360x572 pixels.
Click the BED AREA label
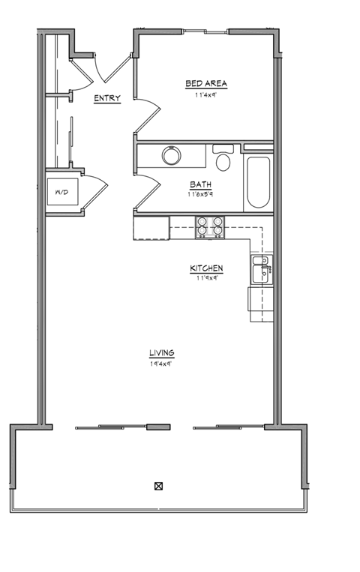pyautogui.click(x=206, y=83)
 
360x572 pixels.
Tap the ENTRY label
pyautogui.click(x=107, y=98)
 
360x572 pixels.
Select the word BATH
pyautogui.click(x=200, y=184)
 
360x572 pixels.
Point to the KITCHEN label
pyautogui.click(x=206, y=268)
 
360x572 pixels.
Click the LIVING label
pyautogui.click(x=161, y=352)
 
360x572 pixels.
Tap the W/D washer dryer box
pyautogui.click(x=61, y=193)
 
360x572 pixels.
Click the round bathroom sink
pyautogui.click(x=172, y=155)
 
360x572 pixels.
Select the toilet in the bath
pyautogui.click(x=223, y=159)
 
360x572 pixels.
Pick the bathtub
pyautogui.click(x=257, y=181)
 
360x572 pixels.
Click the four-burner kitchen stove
pyautogui.click(x=210, y=226)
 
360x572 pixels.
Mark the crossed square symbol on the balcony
pyautogui.click(x=158, y=485)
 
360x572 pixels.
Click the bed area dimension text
pyautogui.click(x=206, y=94)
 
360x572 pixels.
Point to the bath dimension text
pyautogui.click(x=200, y=194)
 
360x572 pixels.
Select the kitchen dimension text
pyautogui.click(x=206, y=278)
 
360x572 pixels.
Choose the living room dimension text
pyautogui.click(x=161, y=364)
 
